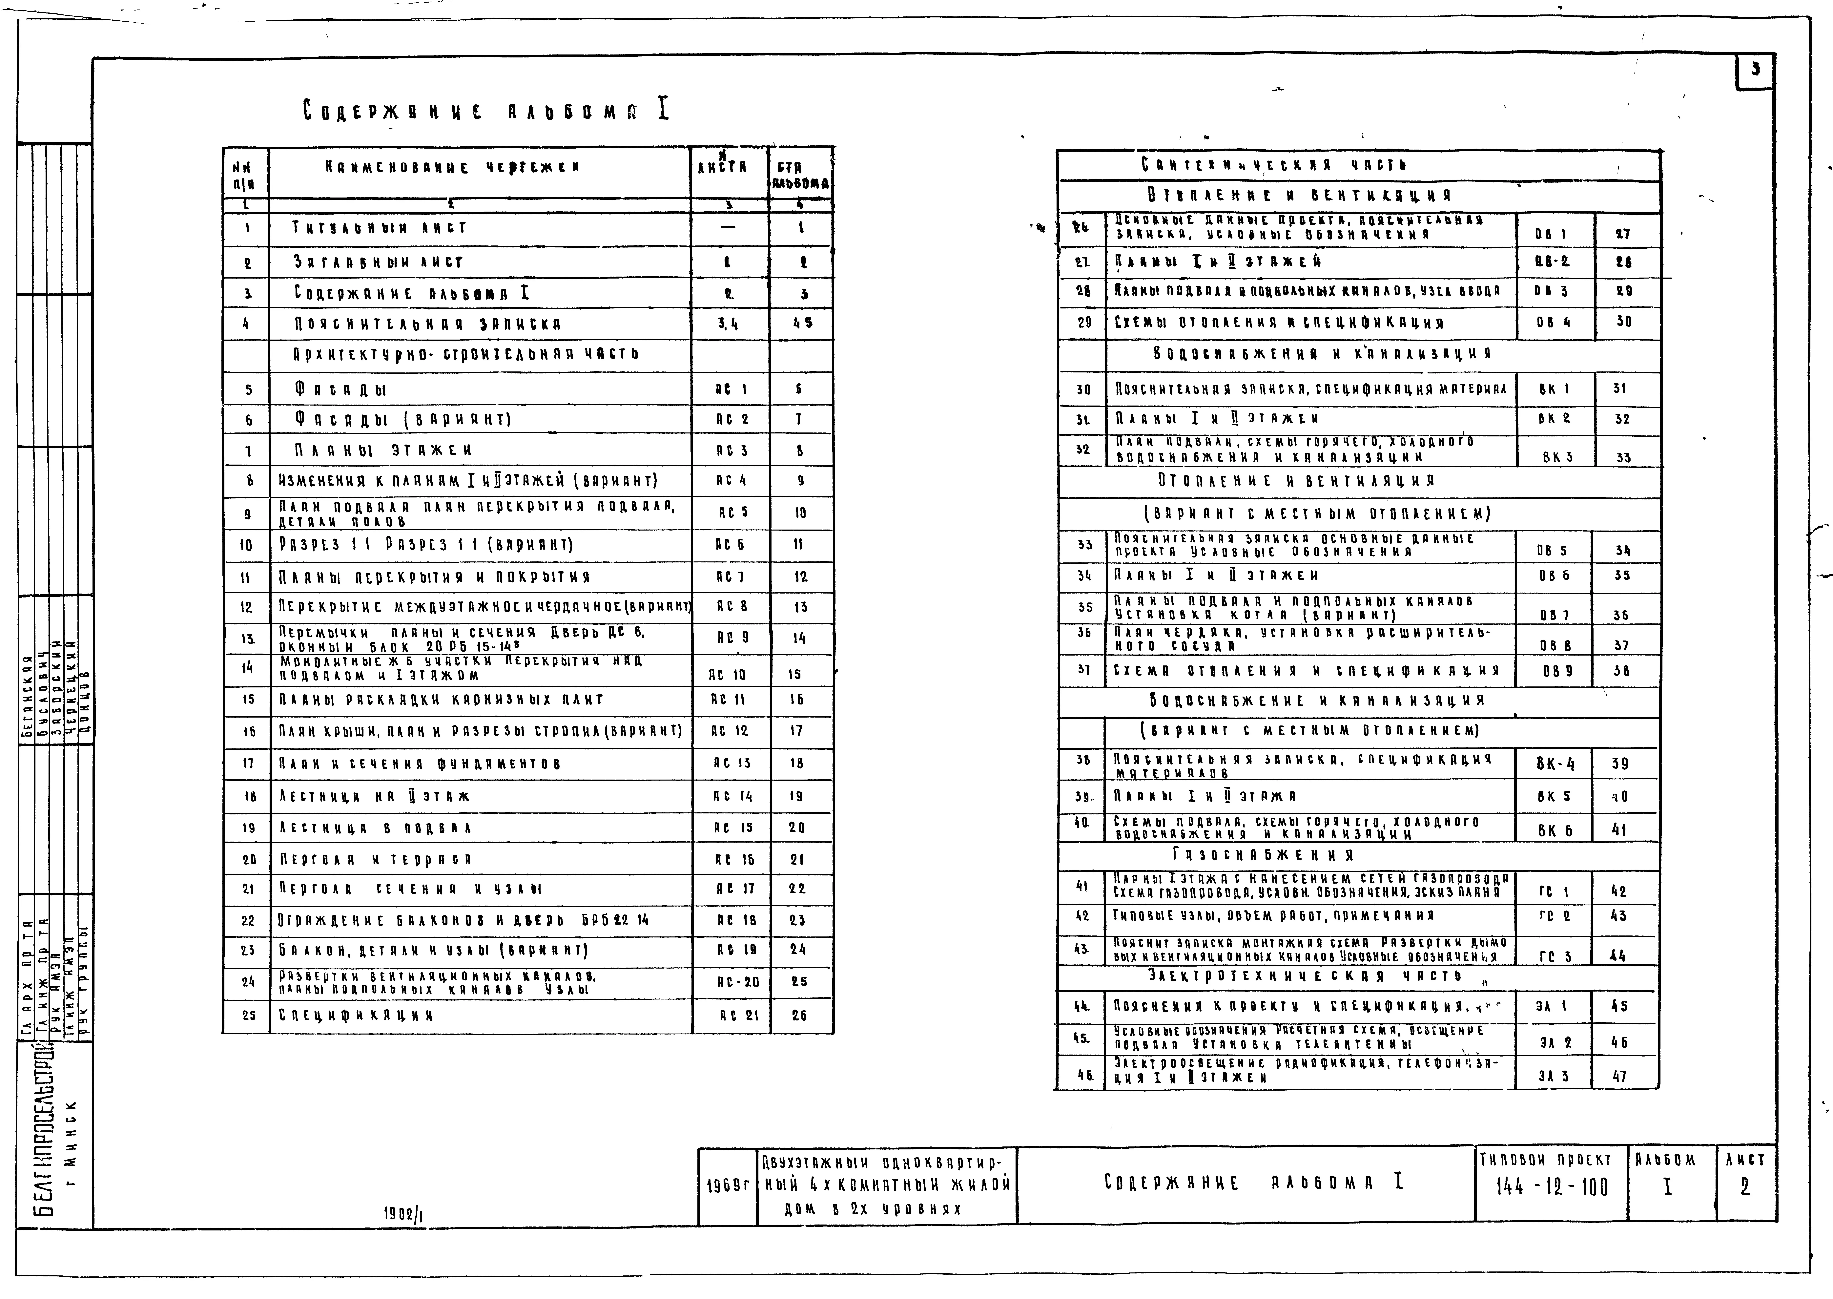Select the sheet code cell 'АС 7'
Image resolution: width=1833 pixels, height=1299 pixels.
(x=731, y=576)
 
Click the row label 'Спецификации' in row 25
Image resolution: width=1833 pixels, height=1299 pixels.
(x=356, y=1015)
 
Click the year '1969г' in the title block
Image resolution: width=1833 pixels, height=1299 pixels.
(x=727, y=1185)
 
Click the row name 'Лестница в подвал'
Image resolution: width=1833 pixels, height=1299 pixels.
(x=375, y=828)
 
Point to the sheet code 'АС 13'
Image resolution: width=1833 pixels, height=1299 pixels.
(x=731, y=763)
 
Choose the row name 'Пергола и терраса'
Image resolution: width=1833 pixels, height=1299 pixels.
(x=375, y=859)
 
